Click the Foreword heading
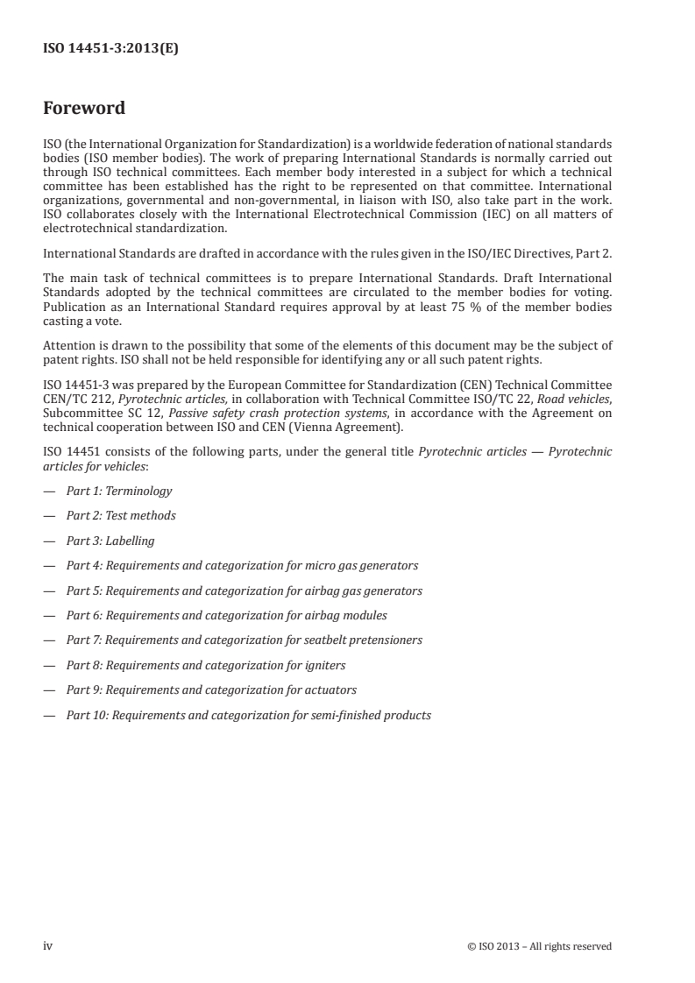click(x=84, y=109)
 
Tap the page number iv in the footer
click(x=48, y=945)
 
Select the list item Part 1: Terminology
click(x=119, y=491)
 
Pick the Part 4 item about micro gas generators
click(x=242, y=565)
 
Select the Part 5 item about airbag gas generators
click(x=245, y=591)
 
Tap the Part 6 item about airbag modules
click(x=227, y=615)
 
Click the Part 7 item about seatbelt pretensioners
click(x=245, y=640)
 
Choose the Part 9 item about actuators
click(x=211, y=690)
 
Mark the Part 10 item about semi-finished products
click(x=249, y=715)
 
